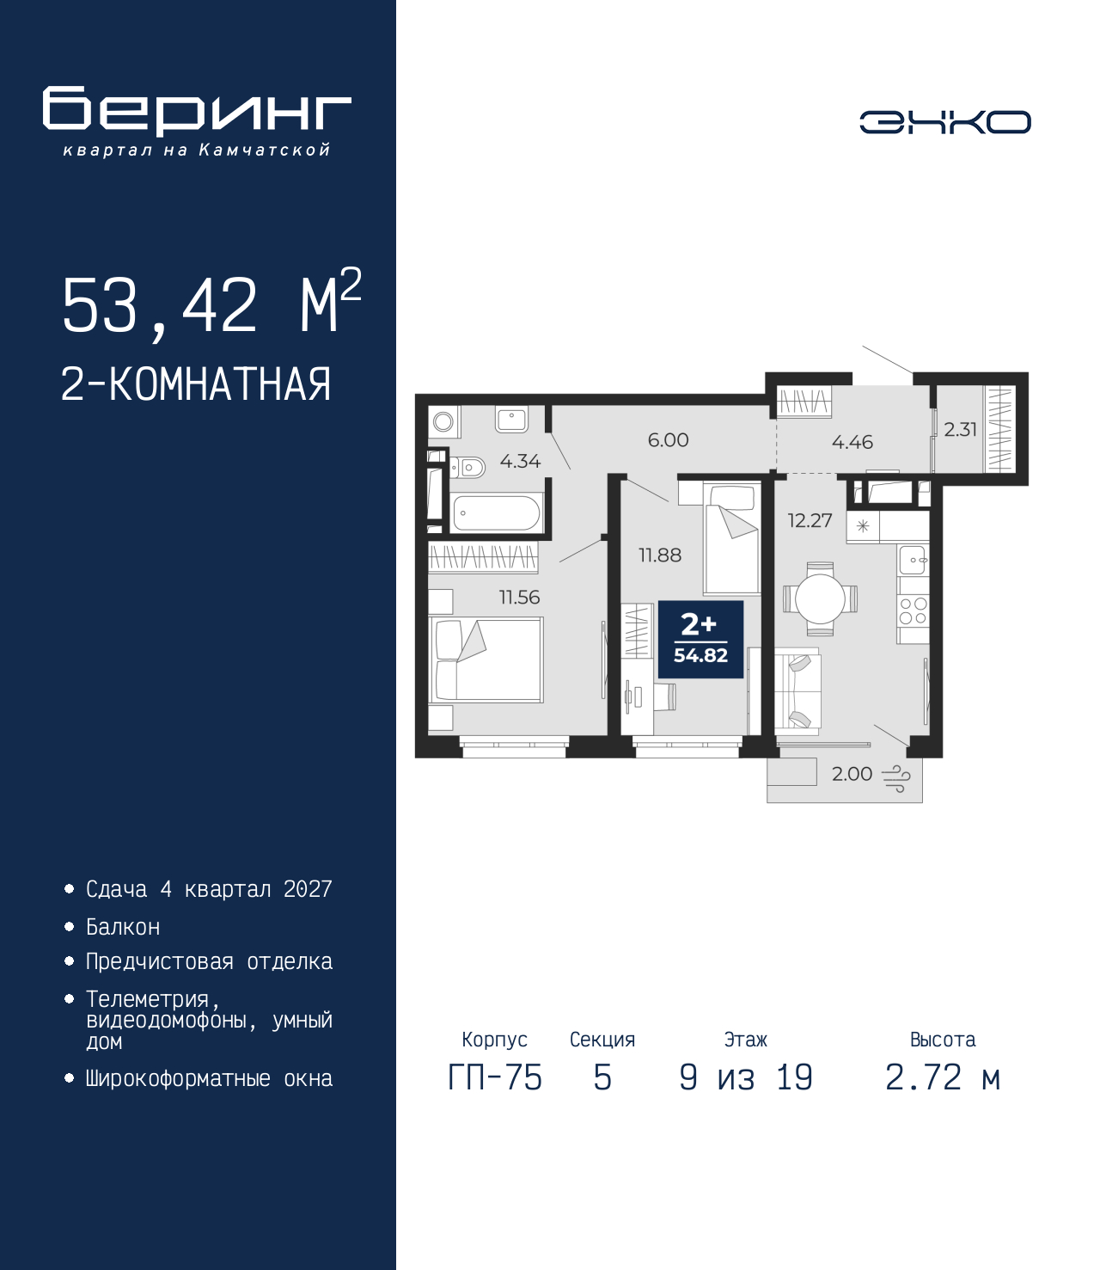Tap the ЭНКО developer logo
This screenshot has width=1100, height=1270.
(x=945, y=122)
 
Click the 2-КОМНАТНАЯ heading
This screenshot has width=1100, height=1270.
(x=196, y=384)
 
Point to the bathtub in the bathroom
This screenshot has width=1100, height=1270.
(x=496, y=512)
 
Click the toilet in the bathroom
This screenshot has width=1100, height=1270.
(x=467, y=468)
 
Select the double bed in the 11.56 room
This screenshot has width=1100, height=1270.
(x=486, y=660)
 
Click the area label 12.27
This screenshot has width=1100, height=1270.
(x=810, y=521)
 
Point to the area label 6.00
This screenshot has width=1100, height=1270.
(x=669, y=440)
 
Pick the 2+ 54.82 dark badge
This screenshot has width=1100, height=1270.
(x=700, y=639)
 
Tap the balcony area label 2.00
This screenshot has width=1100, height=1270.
(x=852, y=774)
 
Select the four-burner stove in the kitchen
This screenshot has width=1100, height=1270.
(x=913, y=610)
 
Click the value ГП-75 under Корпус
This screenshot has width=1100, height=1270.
(x=495, y=1077)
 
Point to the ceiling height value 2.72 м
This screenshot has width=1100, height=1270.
(x=943, y=1077)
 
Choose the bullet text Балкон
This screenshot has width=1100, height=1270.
(x=123, y=927)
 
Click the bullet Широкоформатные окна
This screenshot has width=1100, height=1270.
(x=209, y=1078)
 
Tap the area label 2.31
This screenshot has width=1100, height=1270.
(x=960, y=429)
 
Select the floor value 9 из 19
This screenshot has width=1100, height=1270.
(x=746, y=1077)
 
